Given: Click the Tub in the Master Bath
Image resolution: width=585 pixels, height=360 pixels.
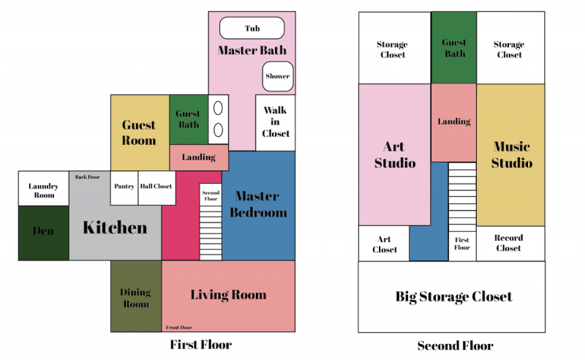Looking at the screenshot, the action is coord(252,28).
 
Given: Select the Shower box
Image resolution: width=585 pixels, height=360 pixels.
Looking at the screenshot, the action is coord(278,76).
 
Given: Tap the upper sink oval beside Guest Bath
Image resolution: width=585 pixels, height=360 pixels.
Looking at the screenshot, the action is coord(218,108).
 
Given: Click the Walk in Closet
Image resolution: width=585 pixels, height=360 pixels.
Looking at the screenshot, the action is coord(276,122).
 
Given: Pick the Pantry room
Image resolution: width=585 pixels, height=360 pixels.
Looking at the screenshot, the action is coord(124,188).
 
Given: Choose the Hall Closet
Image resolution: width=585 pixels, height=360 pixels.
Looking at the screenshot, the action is coord(156,188).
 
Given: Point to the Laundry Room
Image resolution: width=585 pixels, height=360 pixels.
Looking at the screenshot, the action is coord(44,189).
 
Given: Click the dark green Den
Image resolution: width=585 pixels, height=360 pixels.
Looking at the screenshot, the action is coord(44,233).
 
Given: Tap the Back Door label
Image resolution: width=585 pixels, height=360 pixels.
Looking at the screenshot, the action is coord(87,177).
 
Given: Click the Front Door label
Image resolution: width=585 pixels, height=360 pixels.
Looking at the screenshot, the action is coord(179,328).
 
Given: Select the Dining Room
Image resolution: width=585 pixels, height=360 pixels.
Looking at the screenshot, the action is coord(136,296).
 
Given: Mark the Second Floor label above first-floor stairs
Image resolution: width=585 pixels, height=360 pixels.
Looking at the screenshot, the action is coord(211,195).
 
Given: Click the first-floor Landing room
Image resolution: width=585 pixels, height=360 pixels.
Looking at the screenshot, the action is coord(199,157).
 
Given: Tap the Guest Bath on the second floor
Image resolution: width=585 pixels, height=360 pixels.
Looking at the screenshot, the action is coord(454,48).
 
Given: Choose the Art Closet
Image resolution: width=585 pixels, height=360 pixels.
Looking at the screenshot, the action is coord(384,244).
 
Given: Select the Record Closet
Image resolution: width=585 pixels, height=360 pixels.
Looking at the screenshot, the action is coord(510,244).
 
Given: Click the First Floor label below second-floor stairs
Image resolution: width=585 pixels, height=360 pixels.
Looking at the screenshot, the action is coord(462,244).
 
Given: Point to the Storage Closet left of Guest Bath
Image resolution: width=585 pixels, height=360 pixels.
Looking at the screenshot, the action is coord(395,48).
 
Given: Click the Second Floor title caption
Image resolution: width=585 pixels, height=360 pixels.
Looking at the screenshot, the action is coord(455,345).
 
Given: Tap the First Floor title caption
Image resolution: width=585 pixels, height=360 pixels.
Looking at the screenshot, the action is coord(200,345).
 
